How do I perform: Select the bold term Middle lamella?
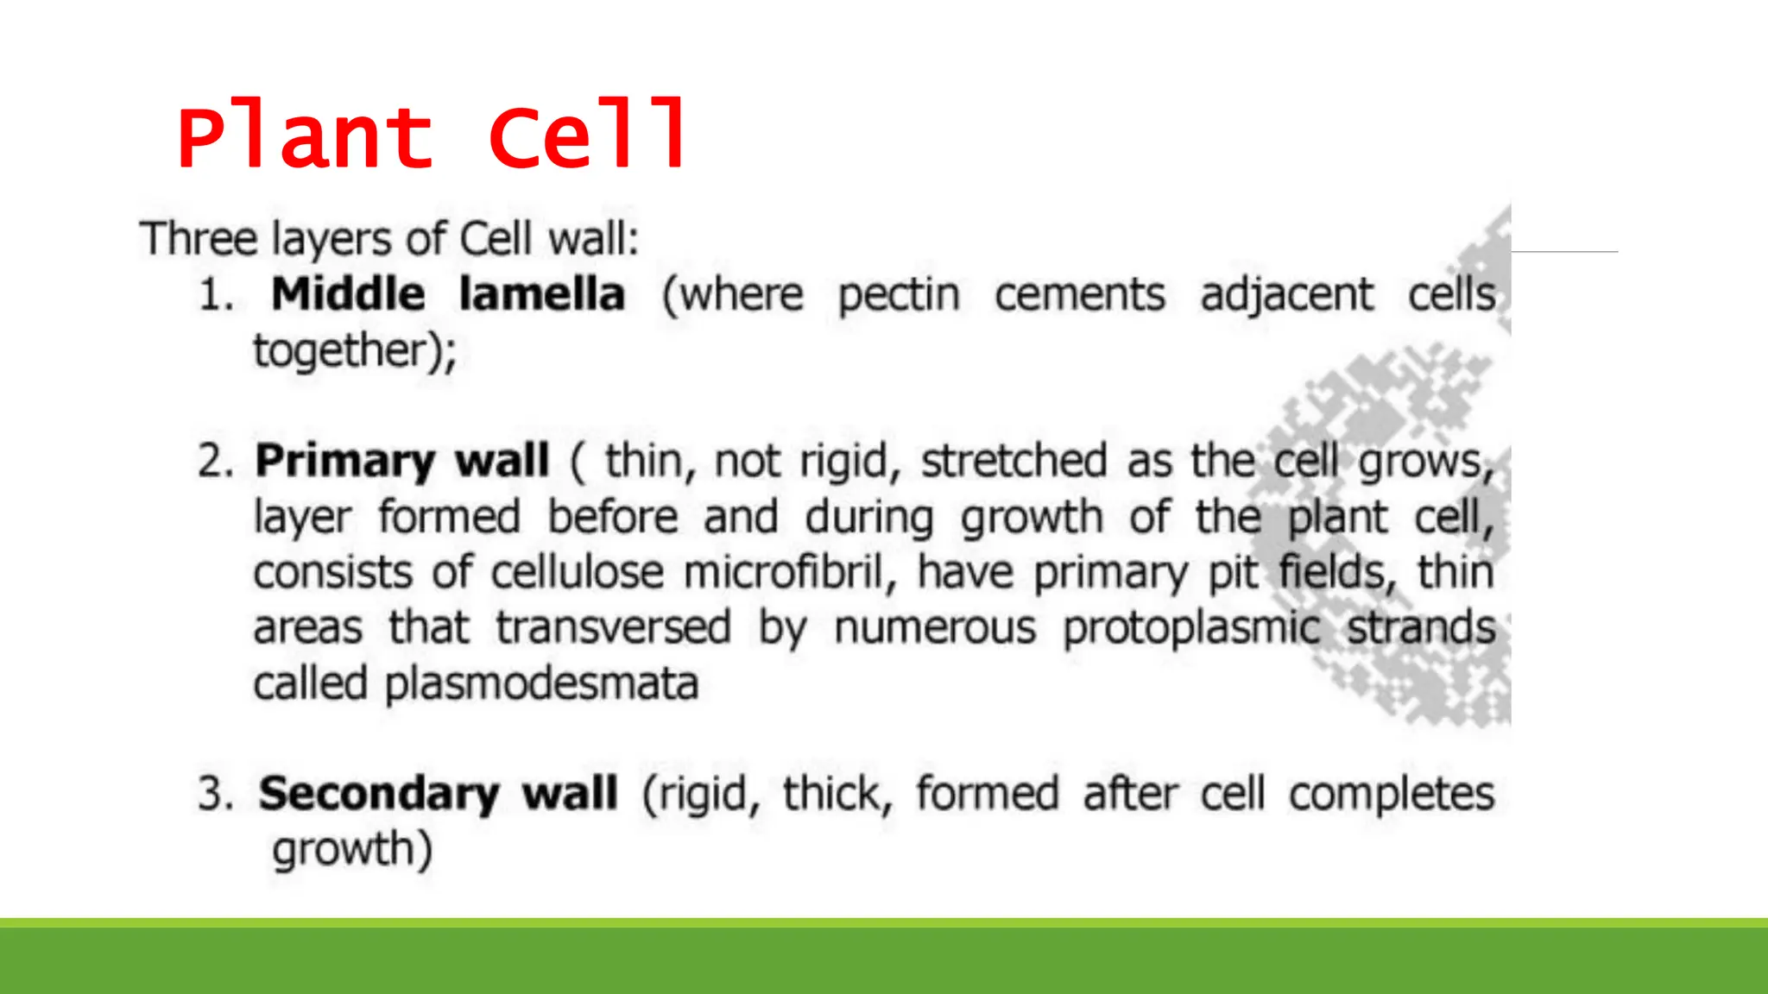[x=448, y=294]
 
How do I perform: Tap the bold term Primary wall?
[x=402, y=461]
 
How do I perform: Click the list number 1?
[x=216, y=296]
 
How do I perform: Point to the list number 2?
[x=216, y=462]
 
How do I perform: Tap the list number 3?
[x=216, y=795]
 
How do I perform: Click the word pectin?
[x=899, y=296]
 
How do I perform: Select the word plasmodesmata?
[x=541, y=684]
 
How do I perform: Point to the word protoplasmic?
[x=1191, y=629]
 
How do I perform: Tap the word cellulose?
[x=578, y=572]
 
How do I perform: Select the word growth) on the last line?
[x=352, y=850]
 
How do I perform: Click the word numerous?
[x=935, y=627]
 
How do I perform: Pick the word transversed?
[x=614, y=627]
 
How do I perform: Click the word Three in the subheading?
[x=199, y=239]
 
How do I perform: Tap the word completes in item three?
[x=1392, y=795]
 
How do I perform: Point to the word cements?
[x=1080, y=295]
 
